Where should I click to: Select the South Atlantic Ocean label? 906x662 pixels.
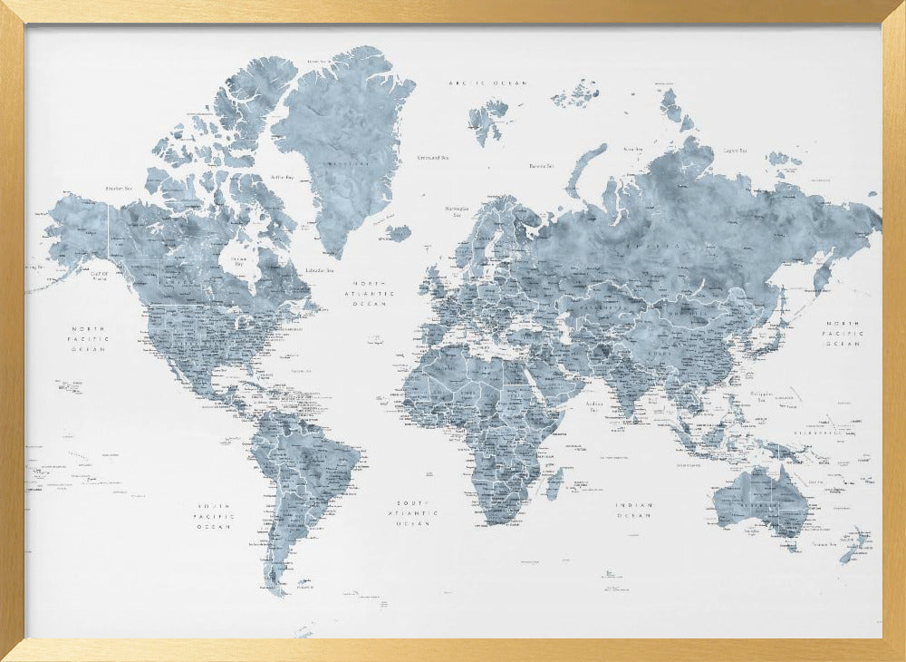(x=417, y=512)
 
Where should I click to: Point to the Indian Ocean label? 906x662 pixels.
(x=633, y=510)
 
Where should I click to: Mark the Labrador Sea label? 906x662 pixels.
(x=318, y=269)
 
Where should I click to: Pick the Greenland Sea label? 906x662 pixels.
(x=433, y=158)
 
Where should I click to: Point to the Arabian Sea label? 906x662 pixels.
(x=595, y=405)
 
